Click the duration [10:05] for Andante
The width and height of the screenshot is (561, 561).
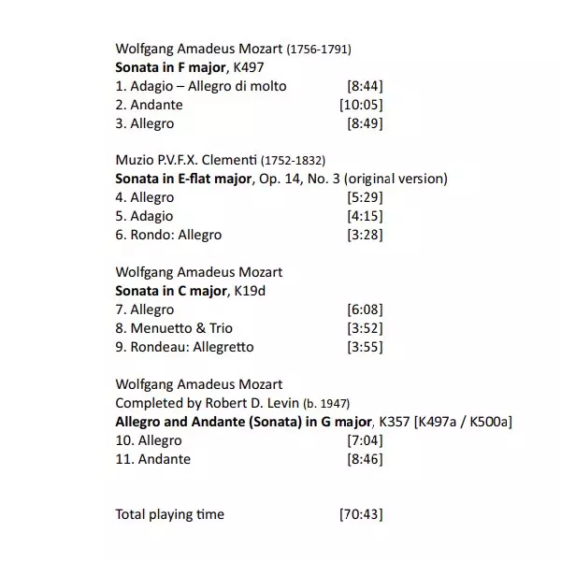click(361, 105)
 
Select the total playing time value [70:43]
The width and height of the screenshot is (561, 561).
click(361, 514)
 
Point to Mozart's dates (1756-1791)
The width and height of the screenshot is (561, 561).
click(319, 50)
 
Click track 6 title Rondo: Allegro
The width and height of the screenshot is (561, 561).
click(168, 235)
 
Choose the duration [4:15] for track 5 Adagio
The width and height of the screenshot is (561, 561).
click(365, 216)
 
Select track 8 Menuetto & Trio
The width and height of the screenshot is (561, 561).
click(174, 328)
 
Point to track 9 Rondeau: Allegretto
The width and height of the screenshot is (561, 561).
click(184, 347)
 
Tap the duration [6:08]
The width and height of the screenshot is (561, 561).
click(365, 309)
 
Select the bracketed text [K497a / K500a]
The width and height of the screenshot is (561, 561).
click(458, 422)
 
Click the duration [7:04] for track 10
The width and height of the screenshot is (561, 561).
click(365, 440)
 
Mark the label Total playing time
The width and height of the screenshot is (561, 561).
click(169, 514)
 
